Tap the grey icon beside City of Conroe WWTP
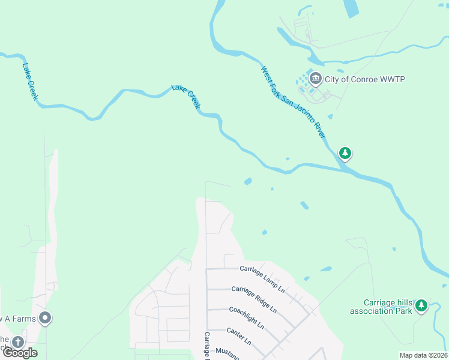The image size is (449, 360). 315,79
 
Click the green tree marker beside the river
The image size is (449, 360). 345,153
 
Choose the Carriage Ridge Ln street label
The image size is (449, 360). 254,299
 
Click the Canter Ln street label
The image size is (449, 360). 238,335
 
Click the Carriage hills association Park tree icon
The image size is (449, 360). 421,306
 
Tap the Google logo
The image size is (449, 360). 20,353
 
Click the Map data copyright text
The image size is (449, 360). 423,355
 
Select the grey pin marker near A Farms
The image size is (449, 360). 45,317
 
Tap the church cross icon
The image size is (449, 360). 18,342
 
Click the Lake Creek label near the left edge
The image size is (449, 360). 30,81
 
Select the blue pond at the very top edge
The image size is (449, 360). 350,8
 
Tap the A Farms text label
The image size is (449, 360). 18,318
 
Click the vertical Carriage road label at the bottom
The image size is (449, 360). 206,346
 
